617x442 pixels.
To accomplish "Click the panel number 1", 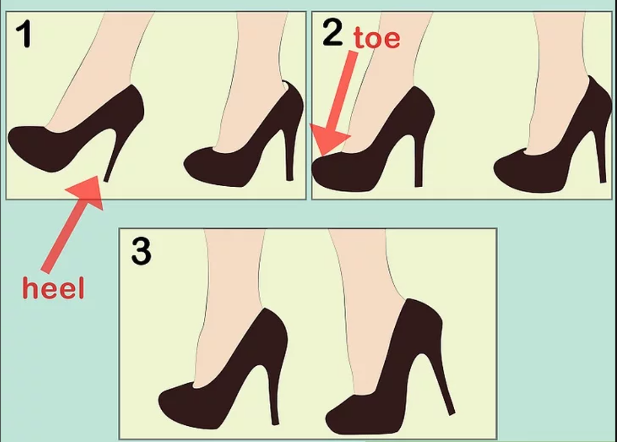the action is pyautogui.click(x=24, y=35).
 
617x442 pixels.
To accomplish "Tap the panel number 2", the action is pyautogui.click(x=333, y=32).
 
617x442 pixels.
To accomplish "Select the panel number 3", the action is pyautogui.click(x=141, y=252).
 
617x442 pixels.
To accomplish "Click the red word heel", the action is pyautogui.click(x=53, y=288).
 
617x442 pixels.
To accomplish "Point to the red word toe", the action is pyautogui.click(x=376, y=38).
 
